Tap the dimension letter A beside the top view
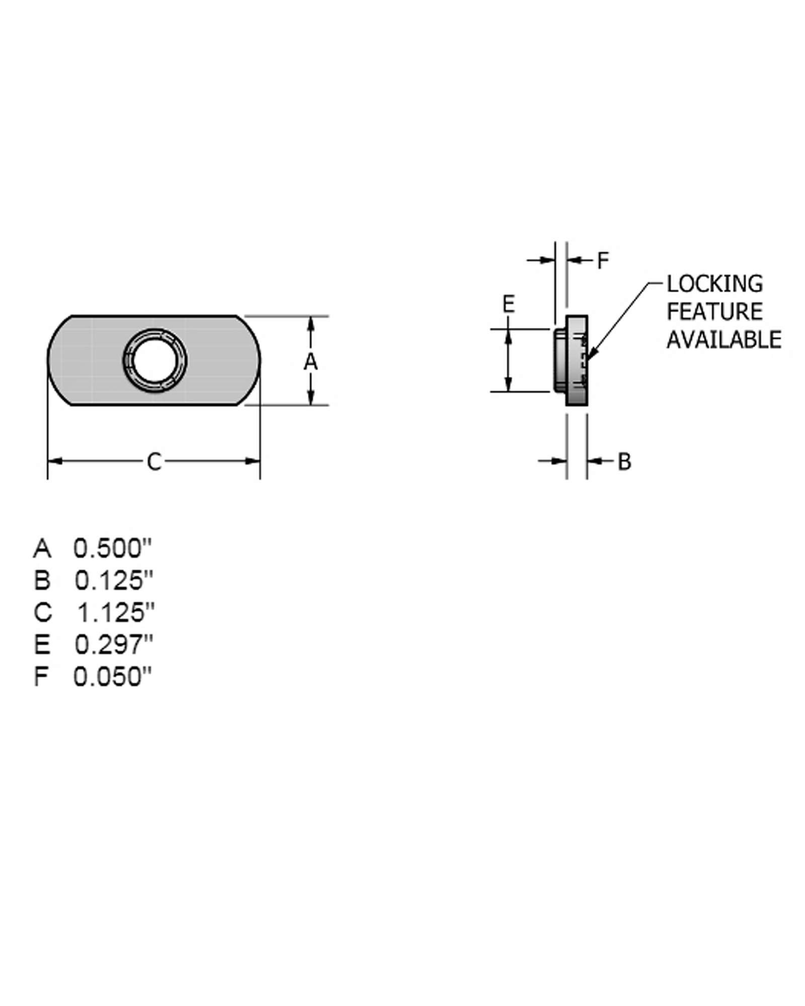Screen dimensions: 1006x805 click(x=311, y=361)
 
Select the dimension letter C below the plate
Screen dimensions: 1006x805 click(x=154, y=462)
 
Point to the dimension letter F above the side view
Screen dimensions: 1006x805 click(x=603, y=261)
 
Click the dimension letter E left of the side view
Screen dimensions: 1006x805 click(x=509, y=304)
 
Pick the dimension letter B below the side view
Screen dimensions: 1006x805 click(x=624, y=461)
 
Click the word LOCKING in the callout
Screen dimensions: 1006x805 click(x=714, y=284)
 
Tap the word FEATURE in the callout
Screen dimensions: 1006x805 click(x=714, y=312)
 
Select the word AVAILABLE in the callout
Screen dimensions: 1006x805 click(x=723, y=340)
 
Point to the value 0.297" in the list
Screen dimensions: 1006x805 click(x=114, y=645)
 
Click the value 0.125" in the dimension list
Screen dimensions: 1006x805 click(x=114, y=580)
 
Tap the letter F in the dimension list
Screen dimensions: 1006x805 click(x=41, y=677)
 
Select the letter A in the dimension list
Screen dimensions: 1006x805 click(x=42, y=548)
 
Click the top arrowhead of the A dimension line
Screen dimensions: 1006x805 click(x=311, y=323)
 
